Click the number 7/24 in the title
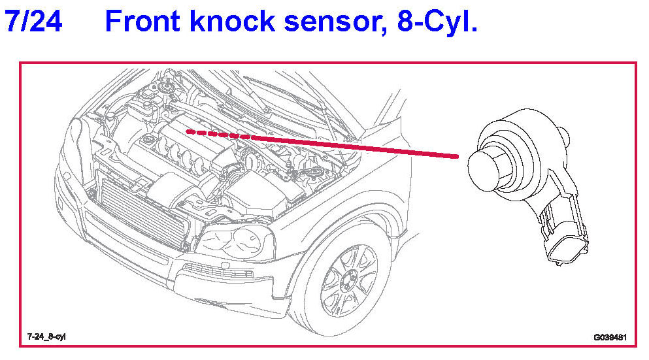33,22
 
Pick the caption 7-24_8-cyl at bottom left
46,336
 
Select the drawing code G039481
610,337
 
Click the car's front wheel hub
348,282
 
